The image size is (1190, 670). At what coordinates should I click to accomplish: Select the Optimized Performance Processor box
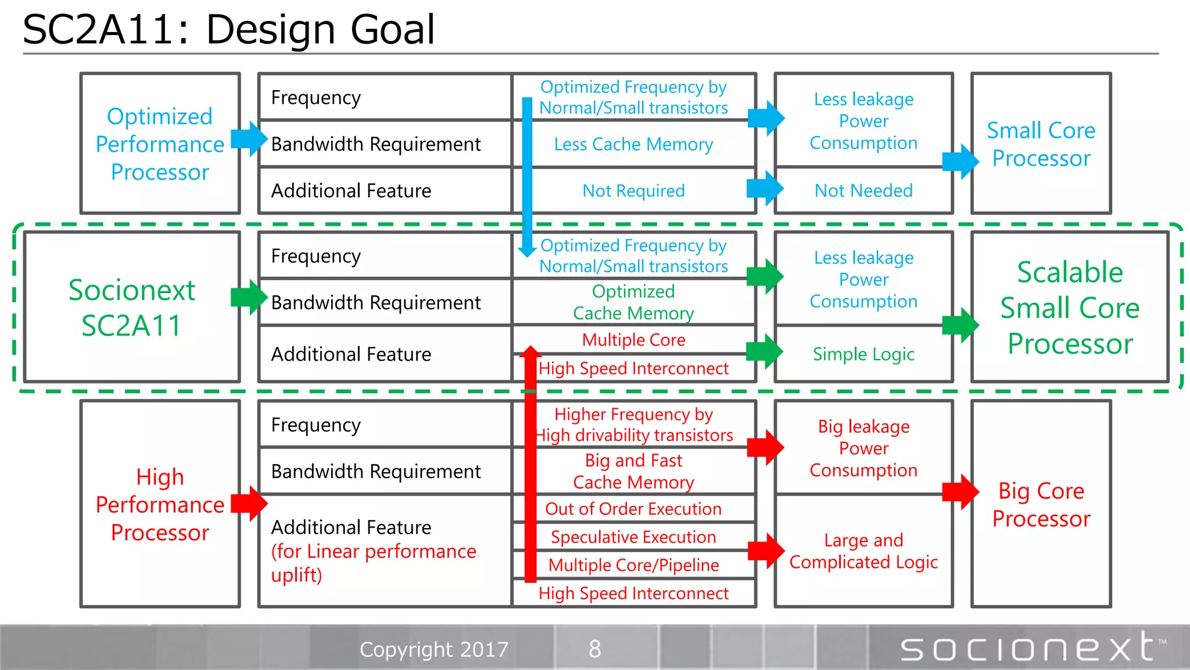tap(160, 144)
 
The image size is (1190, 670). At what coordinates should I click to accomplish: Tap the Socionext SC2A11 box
tap(132, 307)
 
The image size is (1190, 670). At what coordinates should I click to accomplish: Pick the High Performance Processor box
tap(160, 504)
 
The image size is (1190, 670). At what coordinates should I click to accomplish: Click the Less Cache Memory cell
tap(633, 144)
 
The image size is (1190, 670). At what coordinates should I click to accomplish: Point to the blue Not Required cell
tap(633, 191)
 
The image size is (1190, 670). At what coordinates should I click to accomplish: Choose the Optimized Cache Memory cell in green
tap(633, 302)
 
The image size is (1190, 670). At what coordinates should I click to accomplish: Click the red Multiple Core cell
tap(633, 340)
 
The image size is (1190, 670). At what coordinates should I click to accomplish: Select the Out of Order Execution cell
tap(633, 509)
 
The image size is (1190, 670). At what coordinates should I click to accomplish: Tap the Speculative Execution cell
tap(633, 537)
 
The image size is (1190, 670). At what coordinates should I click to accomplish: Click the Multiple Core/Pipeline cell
tap(633, 565)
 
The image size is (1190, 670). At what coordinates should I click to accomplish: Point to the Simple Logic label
tap(863, 354)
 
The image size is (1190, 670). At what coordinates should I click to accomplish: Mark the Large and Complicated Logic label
tap(863, 551)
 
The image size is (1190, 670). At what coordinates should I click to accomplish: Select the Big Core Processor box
tap(1041, 504)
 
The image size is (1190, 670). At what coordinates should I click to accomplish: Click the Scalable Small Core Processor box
tap(1070, 307)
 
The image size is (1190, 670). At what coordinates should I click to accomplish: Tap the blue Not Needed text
tap(863, 191)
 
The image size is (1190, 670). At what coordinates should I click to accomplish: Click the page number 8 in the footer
tap(594, 649)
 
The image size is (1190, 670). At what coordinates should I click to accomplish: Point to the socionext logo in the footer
tap(1031, 647)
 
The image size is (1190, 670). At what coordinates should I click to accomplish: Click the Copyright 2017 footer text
tap(433, 649)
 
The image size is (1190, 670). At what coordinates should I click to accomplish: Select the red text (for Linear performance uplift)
tap(373, 563)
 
